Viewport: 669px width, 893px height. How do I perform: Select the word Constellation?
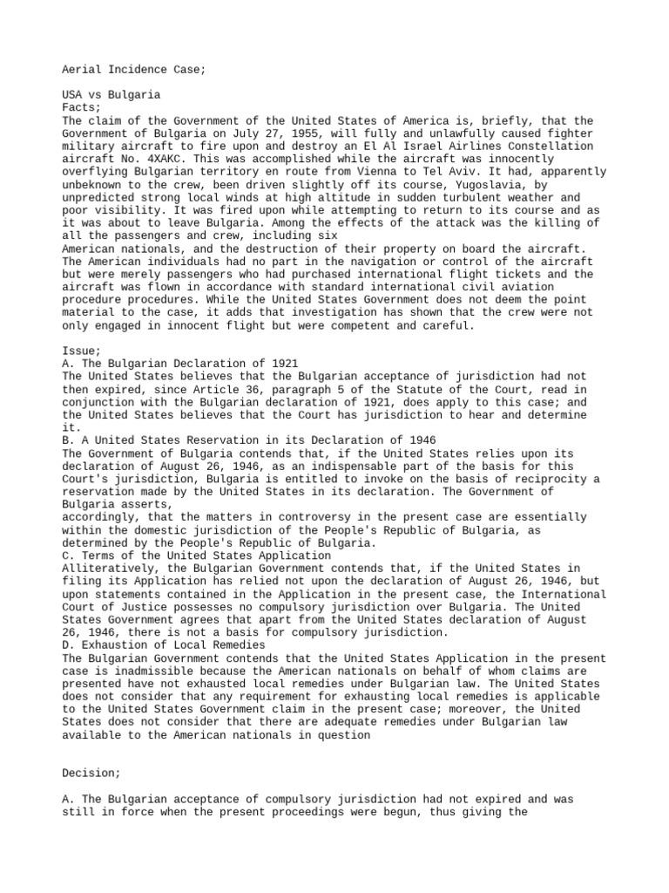click(x=551, y=147)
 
